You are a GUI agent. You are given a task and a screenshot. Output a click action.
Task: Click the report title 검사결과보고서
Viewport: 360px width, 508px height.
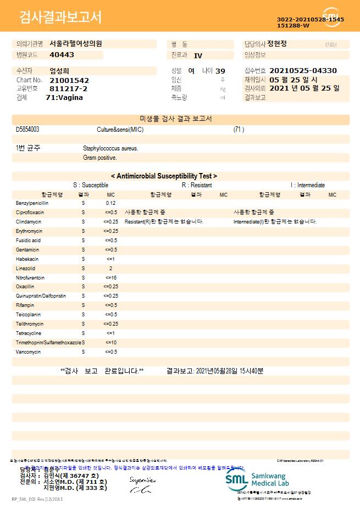pos(60,18)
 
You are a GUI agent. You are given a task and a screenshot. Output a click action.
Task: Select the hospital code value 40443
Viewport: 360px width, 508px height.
pos(62,55)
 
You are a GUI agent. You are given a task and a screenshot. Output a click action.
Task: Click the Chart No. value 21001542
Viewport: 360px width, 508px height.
pos(69,80)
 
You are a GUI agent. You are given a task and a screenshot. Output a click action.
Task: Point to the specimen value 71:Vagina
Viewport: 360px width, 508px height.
pos(64,97)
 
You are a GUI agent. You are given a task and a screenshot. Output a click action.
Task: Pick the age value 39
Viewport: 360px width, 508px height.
pos(220,71)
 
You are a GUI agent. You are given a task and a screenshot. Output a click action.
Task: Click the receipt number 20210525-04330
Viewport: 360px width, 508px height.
pos(303,71)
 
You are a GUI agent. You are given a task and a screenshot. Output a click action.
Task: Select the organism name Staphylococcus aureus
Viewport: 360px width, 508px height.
pos(110,148)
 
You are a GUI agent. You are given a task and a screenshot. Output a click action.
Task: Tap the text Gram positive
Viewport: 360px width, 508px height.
pos(99,158)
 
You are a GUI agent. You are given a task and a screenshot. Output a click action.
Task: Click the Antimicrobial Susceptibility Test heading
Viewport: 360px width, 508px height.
pos(164,176)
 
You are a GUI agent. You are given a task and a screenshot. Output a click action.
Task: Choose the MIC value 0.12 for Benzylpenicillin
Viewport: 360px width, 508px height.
pos(110,203)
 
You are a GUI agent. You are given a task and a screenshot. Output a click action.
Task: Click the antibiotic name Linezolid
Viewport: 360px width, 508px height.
pos(26,269)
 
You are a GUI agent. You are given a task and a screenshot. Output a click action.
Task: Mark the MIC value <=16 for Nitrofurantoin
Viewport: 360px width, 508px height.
pos(110,278)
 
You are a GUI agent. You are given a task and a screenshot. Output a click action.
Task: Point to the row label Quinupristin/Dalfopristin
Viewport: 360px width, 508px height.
pos(41,296)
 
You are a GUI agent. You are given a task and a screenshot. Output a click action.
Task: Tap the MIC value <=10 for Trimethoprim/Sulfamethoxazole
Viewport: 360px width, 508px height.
pos(110,342)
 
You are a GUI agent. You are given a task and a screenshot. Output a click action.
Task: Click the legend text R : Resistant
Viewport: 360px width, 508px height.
pos(197,186)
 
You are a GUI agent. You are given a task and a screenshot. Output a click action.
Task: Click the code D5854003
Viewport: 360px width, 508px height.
pos(27,130)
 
